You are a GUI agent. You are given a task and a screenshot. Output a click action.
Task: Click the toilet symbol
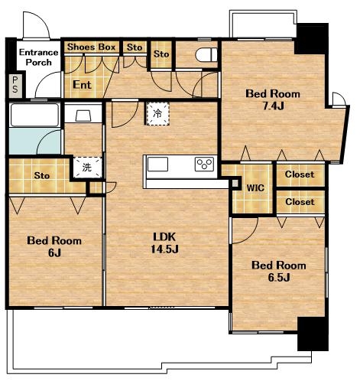pyautogui.click(x=206, y=55)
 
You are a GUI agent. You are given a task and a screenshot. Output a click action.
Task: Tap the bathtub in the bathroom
pyautogui.click(x=34, y=115)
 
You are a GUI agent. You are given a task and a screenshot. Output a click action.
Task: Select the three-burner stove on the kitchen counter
pyautogui.click(x=204, y=164)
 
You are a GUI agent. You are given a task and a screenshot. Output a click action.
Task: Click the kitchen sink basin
pyautogui.click(x=158, y=164)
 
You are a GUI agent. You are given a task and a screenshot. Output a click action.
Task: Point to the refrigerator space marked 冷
pyautogui.click(x=157, y=113)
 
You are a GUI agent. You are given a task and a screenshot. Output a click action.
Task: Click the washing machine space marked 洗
pyautogui.click(x=87, y=168)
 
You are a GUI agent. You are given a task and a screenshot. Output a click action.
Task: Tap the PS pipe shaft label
pyautogui.click(x=15, y=85)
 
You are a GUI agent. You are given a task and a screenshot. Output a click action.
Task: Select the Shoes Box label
pyautogui.click(x=91, y=47)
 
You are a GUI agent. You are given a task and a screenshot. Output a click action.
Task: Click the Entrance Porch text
pyautogui.click(x=39, y=57)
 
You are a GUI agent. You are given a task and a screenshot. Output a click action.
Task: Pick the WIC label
pyautogui.click(x=255, y=188)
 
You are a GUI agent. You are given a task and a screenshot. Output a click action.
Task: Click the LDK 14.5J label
pyautogui.click(x=165, y=243)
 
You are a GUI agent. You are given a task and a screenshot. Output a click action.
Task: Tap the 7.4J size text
pyautogui.click(x=273, y=106)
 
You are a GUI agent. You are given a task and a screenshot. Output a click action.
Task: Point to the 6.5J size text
pyautogui.click(x=279, y=277)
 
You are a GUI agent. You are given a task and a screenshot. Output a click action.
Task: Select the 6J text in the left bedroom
pyautogui.click(x=54, y=252)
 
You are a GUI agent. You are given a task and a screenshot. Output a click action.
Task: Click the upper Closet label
pyautogui.click(x=300, y=174)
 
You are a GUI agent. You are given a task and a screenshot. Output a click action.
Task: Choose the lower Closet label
pyautogui.click(x=300, y=202)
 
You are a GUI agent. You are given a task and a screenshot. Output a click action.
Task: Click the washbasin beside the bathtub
pyautogui.click(x=83, y=116)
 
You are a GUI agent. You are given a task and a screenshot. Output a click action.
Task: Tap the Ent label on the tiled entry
pyautogui.click(x=82, y=85)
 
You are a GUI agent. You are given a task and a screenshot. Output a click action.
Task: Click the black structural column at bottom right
pyautogui.click(x=313, y=334)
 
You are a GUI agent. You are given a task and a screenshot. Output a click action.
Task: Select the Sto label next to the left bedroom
pyautogui.click(x=42, y=175)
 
